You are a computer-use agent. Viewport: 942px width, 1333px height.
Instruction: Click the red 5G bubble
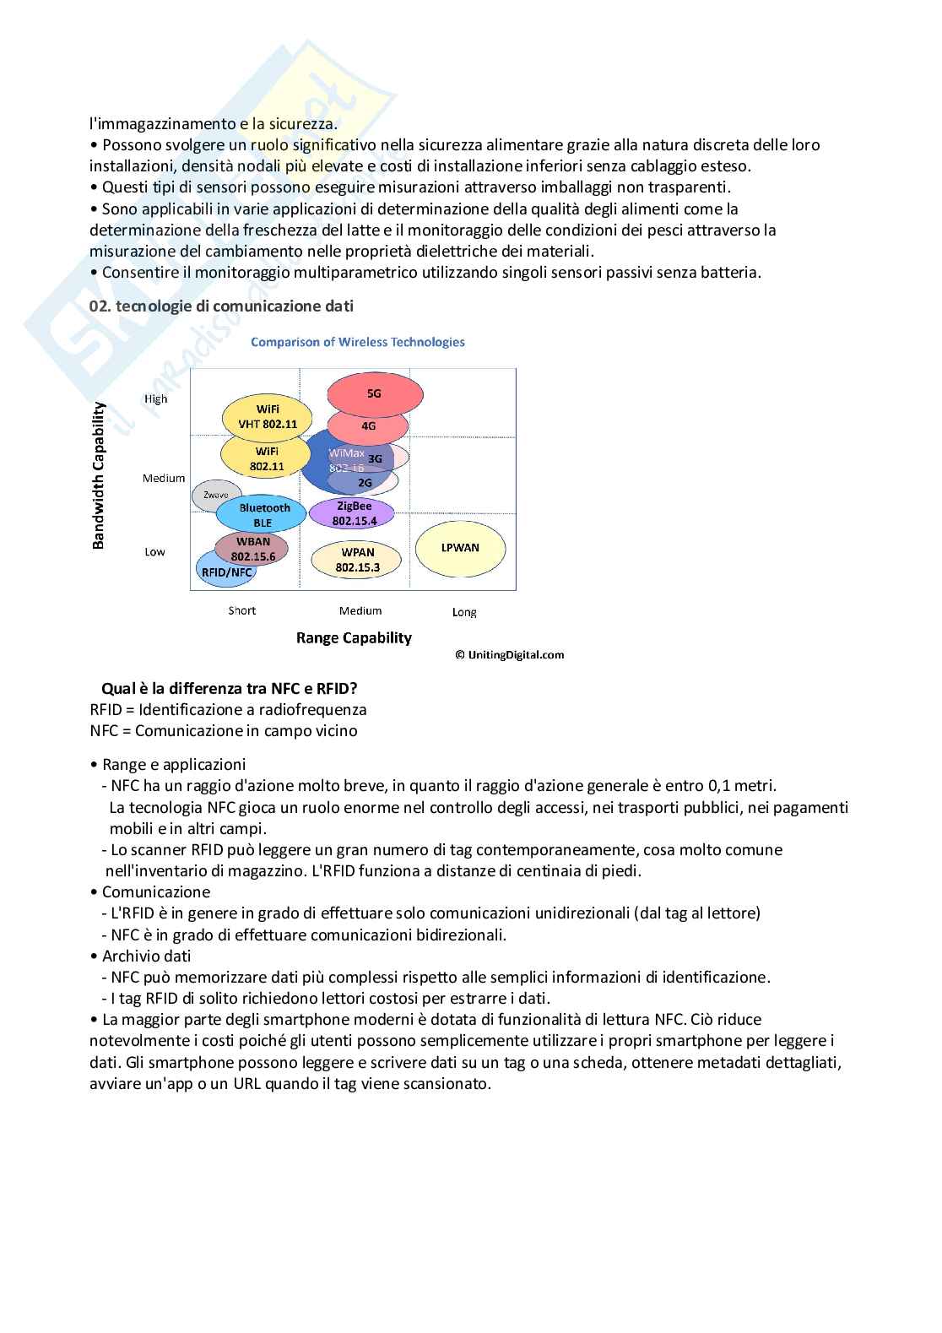pyautogui.click(x=375, y=393)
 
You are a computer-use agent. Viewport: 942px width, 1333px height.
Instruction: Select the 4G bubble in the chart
pyautogui.click(x=369, y=426)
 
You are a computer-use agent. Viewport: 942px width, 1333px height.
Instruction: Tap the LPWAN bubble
pyautogui.click(x=460, y=548)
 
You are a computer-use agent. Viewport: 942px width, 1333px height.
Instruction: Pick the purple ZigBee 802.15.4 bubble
pyautogui.click(x=353, y=513)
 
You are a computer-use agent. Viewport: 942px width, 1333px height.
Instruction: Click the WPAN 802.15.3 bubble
pyautogui.click(x=357, y=560)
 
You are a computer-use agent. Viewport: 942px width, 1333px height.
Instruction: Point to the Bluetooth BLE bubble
pyautogui.click(x=263, y=515)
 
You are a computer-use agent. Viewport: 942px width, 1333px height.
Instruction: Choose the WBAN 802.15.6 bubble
pyautogui.click(x=252, y=549)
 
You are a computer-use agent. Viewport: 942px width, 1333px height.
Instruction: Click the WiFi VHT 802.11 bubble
pyautogui.click(x=268, y=417)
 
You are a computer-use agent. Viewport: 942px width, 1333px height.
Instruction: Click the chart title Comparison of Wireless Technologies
pyautogui.click(x=358, y=342)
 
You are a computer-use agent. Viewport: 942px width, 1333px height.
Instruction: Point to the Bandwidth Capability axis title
pyautogui.click(x=99, y=475)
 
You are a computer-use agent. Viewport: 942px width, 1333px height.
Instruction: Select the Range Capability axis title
pyautogui.click(x=354, y=638)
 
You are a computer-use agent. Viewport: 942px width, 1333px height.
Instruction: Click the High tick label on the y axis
pyautogui.click(x=156, y=399)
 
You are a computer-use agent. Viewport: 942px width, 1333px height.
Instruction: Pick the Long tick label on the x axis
pyautogui.click(x=464, y=612)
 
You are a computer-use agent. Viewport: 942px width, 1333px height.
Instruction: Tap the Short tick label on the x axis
pyautogui.click(x=242, y=610)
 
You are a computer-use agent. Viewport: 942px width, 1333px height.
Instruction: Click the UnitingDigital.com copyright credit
pyautogui.click(x=510, y=654)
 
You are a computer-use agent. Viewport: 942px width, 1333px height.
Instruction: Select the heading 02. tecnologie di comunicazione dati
pyautogui.click(x=221, y=306)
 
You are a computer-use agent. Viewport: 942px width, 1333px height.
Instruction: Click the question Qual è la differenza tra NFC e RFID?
pyautogui.click(x=229, y=688)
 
